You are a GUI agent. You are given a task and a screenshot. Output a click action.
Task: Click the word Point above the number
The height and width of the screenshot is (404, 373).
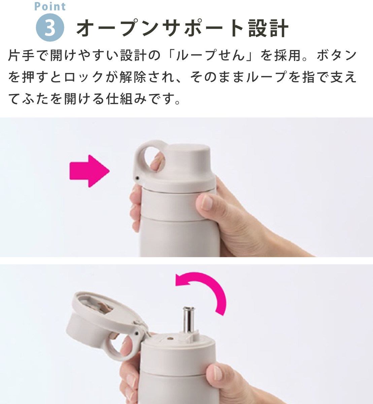(50, 6)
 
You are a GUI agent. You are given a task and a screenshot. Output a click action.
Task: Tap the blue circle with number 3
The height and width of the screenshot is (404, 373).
(50, 28)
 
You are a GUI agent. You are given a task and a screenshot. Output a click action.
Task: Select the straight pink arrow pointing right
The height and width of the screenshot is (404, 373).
(90, 171)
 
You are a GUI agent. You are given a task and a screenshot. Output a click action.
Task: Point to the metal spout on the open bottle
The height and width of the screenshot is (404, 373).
(189, 319)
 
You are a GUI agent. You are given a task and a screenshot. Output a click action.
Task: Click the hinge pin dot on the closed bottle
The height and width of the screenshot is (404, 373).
(137, 178)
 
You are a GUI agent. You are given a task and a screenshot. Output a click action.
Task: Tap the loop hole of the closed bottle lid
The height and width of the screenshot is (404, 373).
(154, 161)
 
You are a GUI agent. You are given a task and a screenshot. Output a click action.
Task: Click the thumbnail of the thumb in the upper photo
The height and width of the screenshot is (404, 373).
(207, 202)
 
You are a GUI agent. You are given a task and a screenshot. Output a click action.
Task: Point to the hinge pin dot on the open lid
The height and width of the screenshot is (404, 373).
(137, 333)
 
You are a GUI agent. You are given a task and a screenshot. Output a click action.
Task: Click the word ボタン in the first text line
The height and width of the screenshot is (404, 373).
(337, 55)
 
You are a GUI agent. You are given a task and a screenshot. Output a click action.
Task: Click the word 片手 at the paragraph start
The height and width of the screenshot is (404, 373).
(21, 55)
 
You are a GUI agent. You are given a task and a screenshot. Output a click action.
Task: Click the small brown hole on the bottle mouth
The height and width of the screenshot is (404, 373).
(170, 338)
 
